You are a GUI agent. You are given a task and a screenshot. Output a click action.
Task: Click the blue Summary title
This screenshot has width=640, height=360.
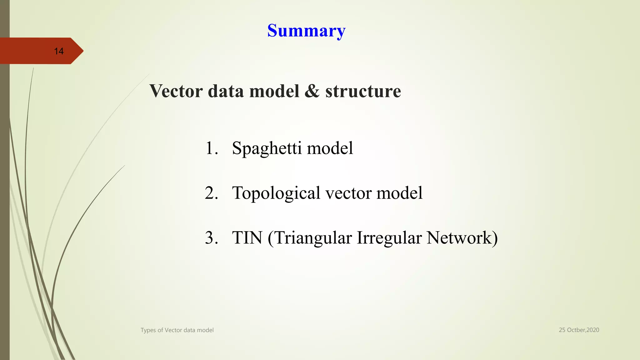pyautogui.click(x=306, y=31)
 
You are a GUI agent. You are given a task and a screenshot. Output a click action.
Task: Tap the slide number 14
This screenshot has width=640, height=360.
pyautogui.click(x=59, y=51)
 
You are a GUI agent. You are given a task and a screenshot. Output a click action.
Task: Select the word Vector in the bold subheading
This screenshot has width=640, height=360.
pyautogui.click(x=176, y=91)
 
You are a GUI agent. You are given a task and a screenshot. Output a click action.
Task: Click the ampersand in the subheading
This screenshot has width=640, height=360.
pyautogui.click(x=312, y=91)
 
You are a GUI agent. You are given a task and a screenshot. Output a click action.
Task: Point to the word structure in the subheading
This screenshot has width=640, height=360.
pyautogui.click(x=363, y=91)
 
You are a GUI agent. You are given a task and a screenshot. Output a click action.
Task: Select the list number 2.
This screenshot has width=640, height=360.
pyautogui.click(x=211, y=193)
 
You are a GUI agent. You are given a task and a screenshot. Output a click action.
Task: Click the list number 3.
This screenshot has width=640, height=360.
pyautogui.click(x=211, y=237)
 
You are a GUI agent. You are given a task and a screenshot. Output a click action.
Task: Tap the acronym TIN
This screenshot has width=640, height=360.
pyautogui.click(x=247, y=237)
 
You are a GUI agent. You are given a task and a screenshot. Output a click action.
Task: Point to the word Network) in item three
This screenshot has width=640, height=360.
pyautogui.click(x=462, y=237)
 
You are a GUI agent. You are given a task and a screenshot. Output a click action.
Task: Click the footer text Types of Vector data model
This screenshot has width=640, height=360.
pyautogui.click(x=177, y=330)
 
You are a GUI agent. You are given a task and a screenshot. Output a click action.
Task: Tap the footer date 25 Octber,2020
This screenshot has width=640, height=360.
pyautogui.click(x=579, y=330)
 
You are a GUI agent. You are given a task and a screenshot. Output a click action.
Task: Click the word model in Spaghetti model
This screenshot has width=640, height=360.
pyautogui.click(x=330, y=148)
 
